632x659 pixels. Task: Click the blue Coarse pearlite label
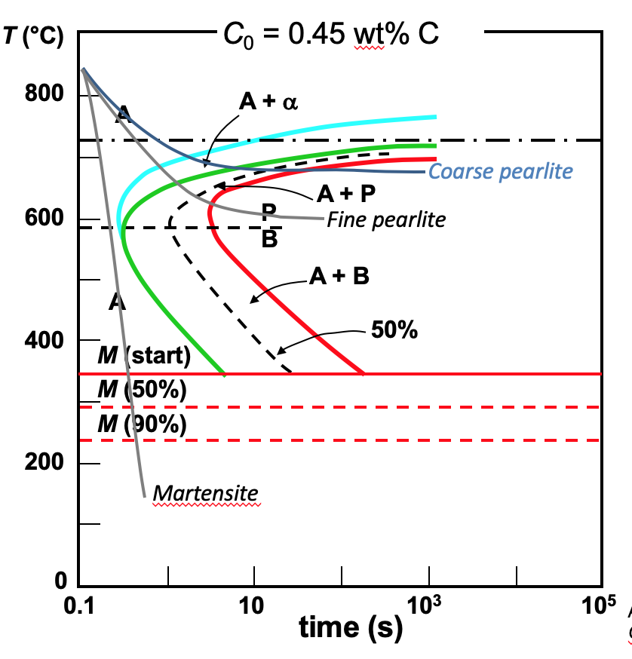500,172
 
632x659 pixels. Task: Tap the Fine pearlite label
386,219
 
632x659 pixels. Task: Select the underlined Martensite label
205,493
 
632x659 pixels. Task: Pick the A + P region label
346,195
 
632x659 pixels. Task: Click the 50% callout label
394,330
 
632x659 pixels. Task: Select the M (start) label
143,354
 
